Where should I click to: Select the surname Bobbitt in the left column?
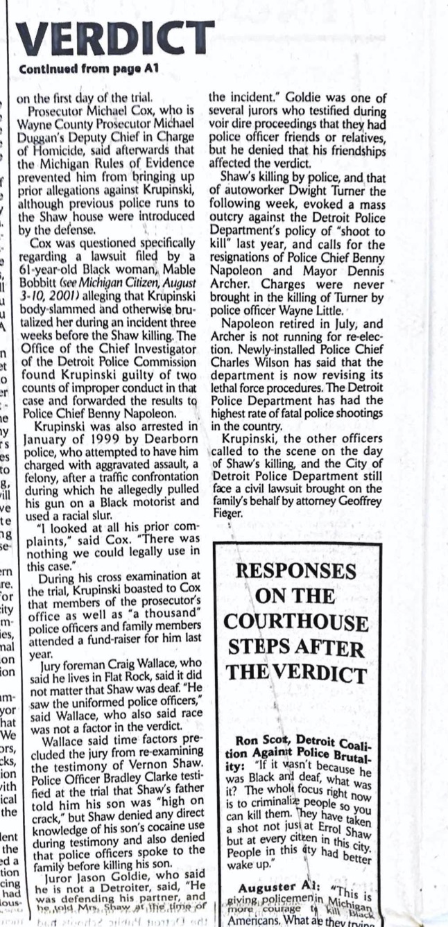tap(51, 282)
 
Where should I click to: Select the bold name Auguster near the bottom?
tap(267, 887)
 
